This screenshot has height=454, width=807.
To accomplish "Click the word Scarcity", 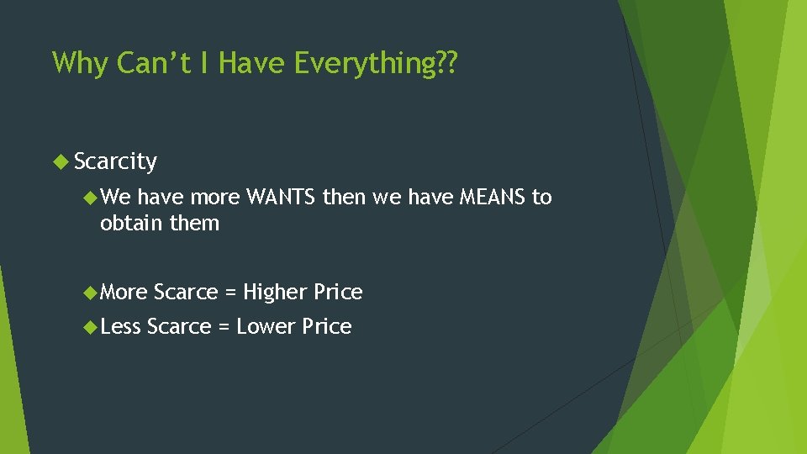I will pyautogui.click(x=115, y=161).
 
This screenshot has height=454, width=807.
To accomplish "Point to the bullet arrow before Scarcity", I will pyautogui.click(x=61, y=160).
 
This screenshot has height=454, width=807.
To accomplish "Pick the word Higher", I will pyautogui.click(x=275, y=292).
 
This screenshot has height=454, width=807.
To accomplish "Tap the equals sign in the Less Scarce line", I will pyautogui.click(x=224, y=326).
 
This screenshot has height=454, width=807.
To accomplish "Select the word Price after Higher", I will pyautogui.click(x=338, y=292).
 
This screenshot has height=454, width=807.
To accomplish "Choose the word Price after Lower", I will pyautogui.click(x=326, y=326).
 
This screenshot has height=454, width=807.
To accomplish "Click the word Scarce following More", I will pyautogui.click(x=185, y=292).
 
